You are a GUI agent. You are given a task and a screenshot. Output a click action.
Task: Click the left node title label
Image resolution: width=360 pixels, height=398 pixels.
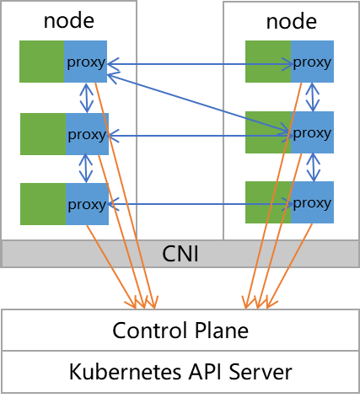(x=69, y=21)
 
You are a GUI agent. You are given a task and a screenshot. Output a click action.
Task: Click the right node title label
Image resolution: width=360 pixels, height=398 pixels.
(x=292, y=22)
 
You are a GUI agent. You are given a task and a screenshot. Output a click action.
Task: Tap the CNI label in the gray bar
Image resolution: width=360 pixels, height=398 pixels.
(x=180, y=254)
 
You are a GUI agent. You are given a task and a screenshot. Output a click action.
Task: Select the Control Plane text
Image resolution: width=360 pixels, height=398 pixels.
(x=180, y=331)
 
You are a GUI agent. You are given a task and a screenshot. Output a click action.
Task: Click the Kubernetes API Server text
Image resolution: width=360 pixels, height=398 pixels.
(x=180, y=372)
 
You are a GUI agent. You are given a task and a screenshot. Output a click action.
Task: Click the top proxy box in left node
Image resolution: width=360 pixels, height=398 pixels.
(x=85, y=62)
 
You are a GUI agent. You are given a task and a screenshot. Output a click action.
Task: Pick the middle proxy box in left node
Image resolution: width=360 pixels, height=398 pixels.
(x=87, y=134)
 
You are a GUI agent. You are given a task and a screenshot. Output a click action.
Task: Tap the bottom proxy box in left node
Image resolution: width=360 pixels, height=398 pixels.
(x=87, y=204)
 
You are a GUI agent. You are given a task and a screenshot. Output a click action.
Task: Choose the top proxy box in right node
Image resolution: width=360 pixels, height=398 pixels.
(x=312, y=62)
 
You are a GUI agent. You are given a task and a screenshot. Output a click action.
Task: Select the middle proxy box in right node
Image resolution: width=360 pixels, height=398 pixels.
(x=312, y=132)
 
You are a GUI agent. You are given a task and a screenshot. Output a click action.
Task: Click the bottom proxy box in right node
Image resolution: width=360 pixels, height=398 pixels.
(x=312, y=202)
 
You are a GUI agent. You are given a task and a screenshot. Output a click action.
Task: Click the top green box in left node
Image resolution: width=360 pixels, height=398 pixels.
(x=42, y=62)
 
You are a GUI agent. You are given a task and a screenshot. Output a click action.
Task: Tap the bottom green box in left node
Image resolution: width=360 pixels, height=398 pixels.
(x=43, y=204)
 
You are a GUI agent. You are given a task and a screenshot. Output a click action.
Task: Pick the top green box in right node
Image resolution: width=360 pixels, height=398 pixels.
(x=268, y=62)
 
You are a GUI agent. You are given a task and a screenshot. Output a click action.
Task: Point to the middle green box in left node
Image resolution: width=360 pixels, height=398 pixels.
(x=43, y=134)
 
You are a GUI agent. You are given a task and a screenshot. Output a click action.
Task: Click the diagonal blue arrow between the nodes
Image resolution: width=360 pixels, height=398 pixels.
(x=198, y=103)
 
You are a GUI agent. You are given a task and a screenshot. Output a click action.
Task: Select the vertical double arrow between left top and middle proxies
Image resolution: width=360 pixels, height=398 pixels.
(x=87, y=98)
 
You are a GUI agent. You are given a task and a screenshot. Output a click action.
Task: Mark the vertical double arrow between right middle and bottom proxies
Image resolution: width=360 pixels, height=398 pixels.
(x=314, y=167)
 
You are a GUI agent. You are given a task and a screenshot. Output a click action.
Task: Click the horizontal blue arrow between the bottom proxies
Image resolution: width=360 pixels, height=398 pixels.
(x=200, y=204)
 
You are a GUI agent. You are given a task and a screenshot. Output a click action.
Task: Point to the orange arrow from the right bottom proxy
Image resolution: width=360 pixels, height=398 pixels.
(x=289, y=266)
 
